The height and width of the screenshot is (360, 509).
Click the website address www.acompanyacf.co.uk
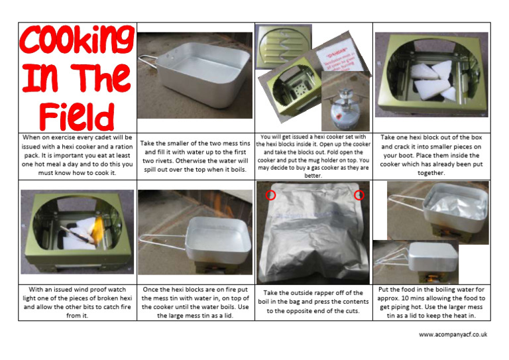click(453, 335)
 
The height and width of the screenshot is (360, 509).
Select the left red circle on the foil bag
click(270, 195)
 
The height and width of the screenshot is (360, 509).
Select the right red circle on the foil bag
click(359, 195)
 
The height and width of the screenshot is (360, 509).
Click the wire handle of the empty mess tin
click(146, 64)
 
